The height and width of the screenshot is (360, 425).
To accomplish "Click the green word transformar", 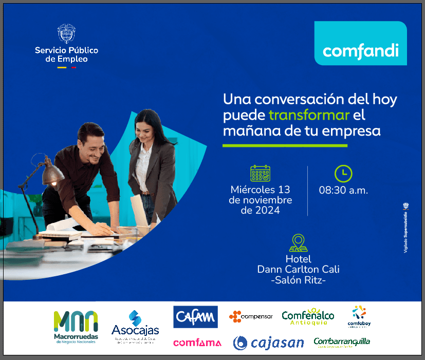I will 309,115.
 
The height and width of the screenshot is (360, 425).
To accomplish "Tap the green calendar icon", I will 260,174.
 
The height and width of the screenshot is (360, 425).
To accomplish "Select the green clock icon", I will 343,173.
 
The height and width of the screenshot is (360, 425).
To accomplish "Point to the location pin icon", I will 298,242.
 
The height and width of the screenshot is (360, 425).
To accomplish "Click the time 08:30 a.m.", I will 343,190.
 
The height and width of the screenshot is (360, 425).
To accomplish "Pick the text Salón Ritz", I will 298,280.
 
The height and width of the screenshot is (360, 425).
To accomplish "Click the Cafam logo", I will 195,317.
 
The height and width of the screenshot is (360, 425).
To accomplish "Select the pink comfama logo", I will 197,343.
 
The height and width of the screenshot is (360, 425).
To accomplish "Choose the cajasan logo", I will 268,343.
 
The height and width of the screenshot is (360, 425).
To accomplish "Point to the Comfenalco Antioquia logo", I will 308,317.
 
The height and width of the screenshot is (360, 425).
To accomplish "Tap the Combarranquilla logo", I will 342,342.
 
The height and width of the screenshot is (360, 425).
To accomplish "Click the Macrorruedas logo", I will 75,327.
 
